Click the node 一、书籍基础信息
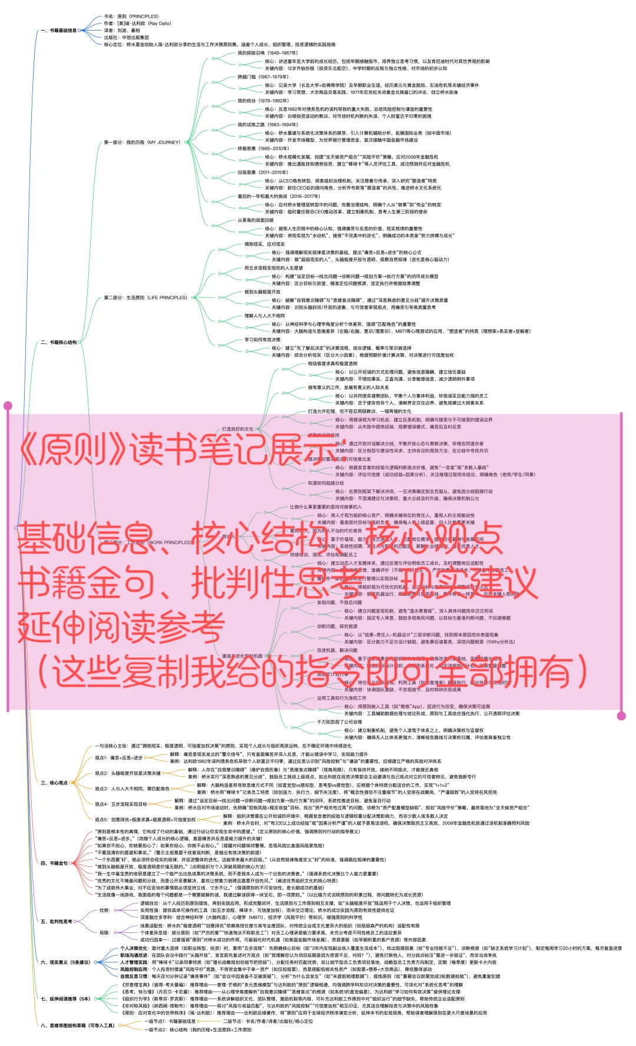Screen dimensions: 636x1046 59,31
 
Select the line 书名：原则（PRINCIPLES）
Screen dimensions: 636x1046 131,16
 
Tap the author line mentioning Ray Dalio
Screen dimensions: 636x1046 137,24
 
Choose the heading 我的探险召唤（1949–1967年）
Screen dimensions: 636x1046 267,53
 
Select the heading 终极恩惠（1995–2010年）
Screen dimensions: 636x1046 263,148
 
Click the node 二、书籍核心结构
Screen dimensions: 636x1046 59,342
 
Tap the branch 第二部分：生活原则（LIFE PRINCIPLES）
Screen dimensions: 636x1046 145,297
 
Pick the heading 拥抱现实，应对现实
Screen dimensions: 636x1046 264,244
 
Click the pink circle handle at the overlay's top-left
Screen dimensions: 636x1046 8,405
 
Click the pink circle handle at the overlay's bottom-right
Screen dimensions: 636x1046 621,716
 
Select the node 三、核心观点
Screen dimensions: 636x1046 54,783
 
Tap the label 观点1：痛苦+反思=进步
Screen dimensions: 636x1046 118,758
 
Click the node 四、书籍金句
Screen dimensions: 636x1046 54,863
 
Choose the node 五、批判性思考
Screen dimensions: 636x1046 57,921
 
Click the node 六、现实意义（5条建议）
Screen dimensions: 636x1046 65,962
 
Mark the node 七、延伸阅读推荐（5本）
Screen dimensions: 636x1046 65,998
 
